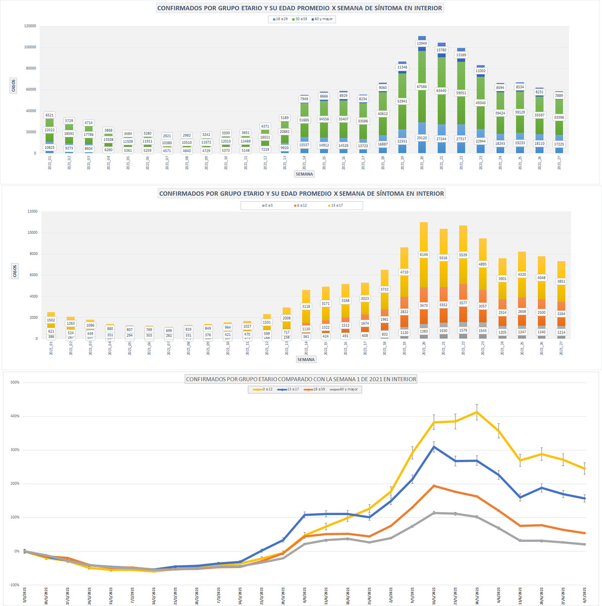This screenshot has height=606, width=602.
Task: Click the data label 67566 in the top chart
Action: [422, 86]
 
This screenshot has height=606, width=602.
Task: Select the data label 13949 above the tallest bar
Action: [422, 43]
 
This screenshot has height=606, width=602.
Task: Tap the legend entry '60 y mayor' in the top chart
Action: [323, 19]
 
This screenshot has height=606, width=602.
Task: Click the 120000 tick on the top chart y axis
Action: [30, 26]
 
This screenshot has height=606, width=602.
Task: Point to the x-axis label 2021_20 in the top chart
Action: [422, 164]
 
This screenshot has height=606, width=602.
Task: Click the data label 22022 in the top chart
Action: [49, 130]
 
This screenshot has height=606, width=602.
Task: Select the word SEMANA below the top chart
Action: [305, 174]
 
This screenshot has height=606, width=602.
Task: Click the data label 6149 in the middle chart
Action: [423, 255]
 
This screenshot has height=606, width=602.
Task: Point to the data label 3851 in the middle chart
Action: [561, 282]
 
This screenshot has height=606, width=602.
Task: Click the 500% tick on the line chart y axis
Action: [15, 382]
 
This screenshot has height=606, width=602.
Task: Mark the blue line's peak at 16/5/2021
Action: [434, 446]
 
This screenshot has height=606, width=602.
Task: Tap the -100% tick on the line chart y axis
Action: [14, 585]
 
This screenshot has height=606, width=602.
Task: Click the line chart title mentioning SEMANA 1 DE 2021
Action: [301, 379]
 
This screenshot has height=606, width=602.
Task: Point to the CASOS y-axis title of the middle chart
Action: [14, 271]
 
